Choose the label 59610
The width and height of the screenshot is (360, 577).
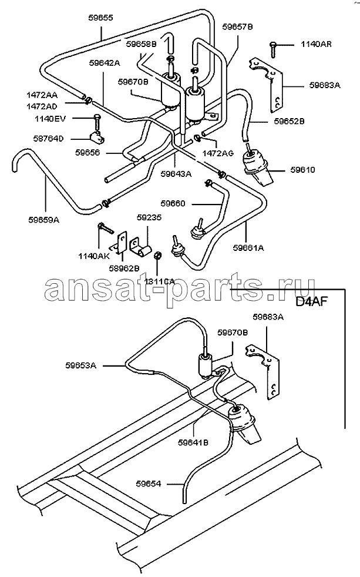pyautogui.click(x=302, y=170)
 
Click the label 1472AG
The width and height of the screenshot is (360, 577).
pyautogui.click(x=218, y=153)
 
